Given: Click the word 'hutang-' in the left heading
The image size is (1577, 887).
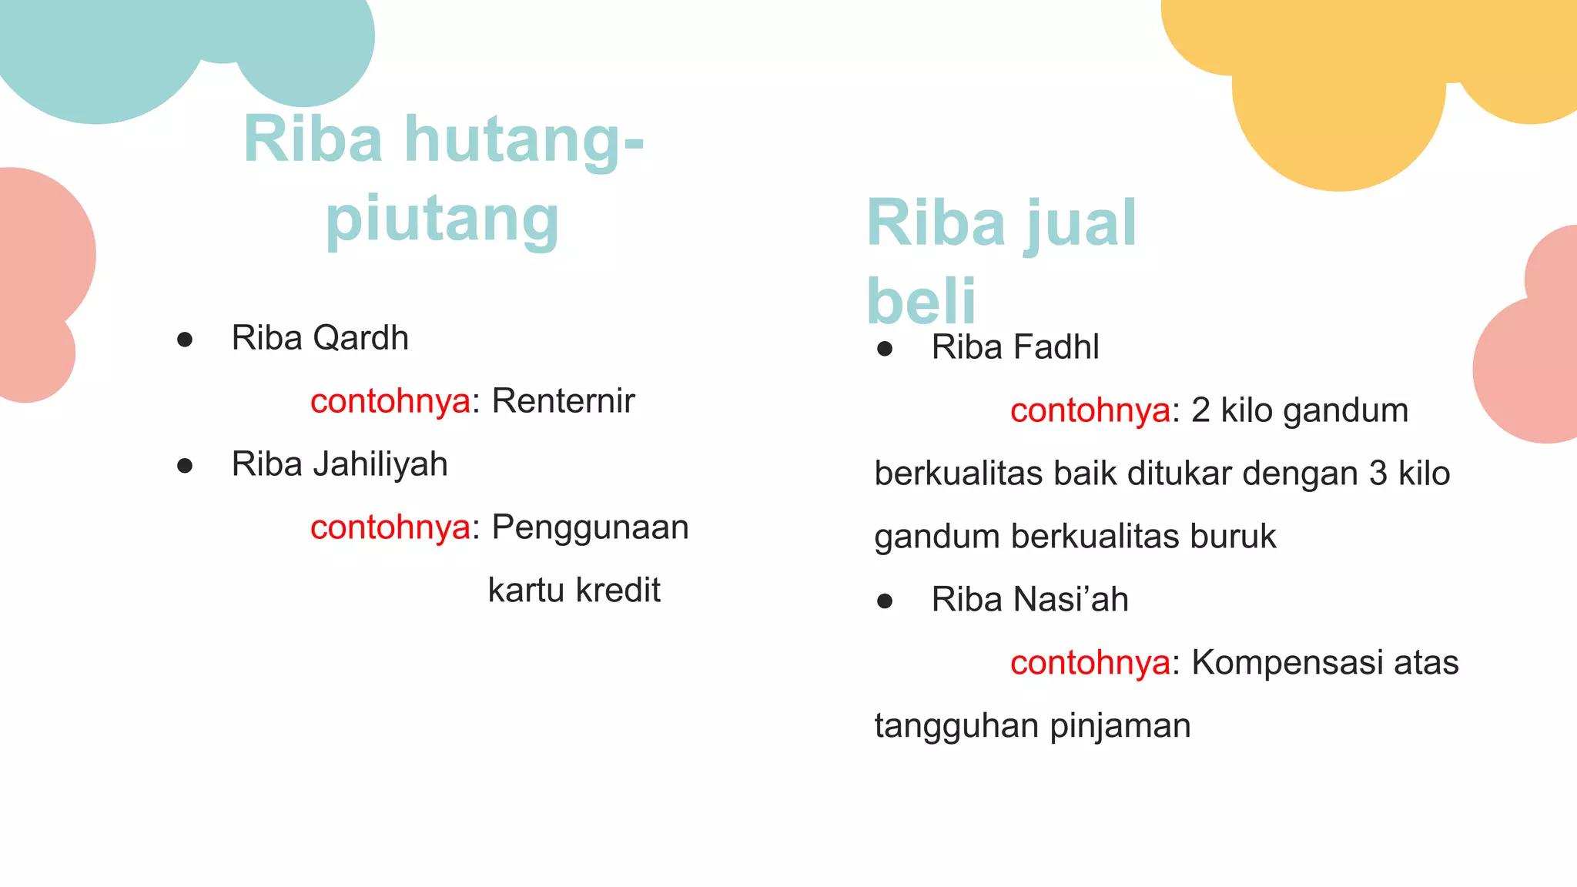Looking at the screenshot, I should click(524, 141).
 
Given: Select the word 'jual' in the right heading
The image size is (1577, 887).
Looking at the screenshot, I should click(1080, 224).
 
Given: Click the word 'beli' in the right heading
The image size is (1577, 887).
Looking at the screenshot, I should click(921, 301).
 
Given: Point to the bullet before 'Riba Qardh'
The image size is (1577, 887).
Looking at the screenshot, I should click(185, 340).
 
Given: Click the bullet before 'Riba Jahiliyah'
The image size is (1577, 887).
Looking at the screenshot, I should click(185, 466).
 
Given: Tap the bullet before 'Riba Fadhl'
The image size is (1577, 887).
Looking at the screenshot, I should click(885, 349).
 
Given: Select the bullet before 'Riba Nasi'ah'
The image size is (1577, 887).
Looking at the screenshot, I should click(885, 601).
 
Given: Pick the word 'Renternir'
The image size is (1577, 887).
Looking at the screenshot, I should click(563, 401).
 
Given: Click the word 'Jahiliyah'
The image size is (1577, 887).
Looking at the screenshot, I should click(380, 464).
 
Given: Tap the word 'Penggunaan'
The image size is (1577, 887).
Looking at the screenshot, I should click(590, 528).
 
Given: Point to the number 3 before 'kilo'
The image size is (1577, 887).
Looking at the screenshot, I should click(1378, 474).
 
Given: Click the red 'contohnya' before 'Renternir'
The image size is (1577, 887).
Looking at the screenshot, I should click(390, 401).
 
